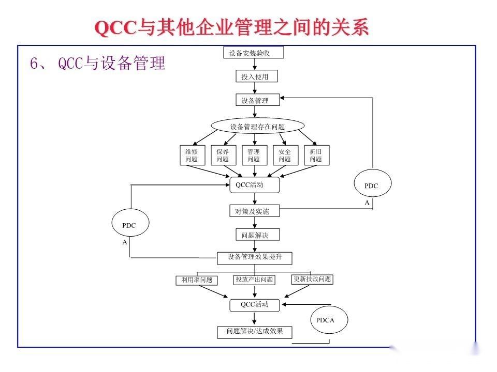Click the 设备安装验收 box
point(254,53)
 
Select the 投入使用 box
point(252,77)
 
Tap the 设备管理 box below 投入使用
point(255,101)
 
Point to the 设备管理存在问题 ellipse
point(257,127)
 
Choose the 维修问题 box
point(192,156)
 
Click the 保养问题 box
point(223,156)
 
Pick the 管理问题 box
point(254,156)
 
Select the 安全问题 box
point(285,156)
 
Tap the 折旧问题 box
point(316,156)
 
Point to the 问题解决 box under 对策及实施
point(253,235)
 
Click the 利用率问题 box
point(196,281)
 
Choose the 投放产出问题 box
point(254,280)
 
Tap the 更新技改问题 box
point(312,280)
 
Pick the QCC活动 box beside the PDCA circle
point(255,305)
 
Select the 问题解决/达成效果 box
point(255,332)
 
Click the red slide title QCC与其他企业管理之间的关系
point(232,28)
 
